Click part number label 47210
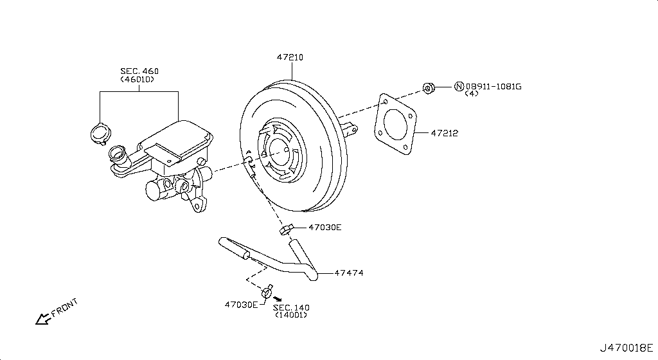coord(290,57)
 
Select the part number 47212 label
coord(444,134)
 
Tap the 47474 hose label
coord(349,273)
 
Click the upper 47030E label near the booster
coord(325,227)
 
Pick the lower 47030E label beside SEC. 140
coord(241,304)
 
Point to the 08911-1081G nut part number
coord(493,87)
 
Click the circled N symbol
coord(459,87)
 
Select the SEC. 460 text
coord(139,71)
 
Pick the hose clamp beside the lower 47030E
coord(267,292)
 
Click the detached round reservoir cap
coord(100,134)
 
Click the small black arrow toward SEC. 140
coord(277,299)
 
